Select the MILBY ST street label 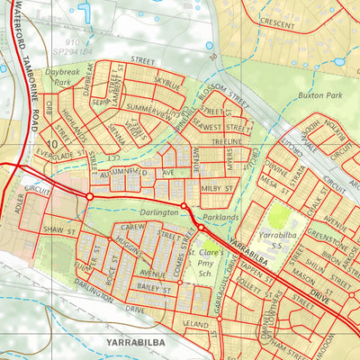(218, 186)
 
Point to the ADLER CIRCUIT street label (27, 203)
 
